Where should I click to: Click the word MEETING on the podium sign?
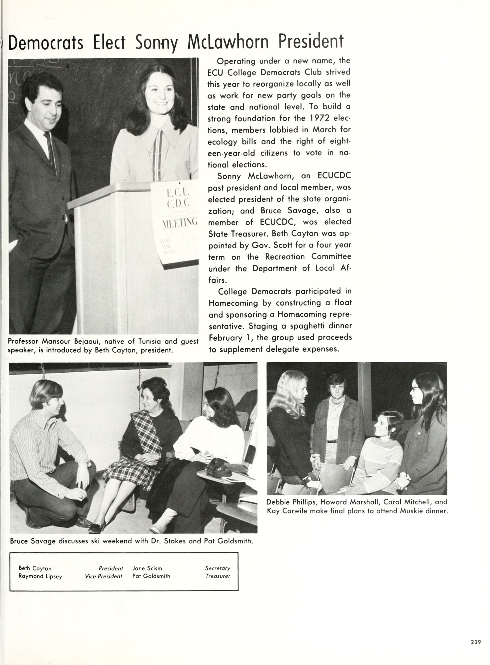click(x=180, y=222)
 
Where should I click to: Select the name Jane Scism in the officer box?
click(x=147, y=568)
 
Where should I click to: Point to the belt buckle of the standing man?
click(x=332, y=442)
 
